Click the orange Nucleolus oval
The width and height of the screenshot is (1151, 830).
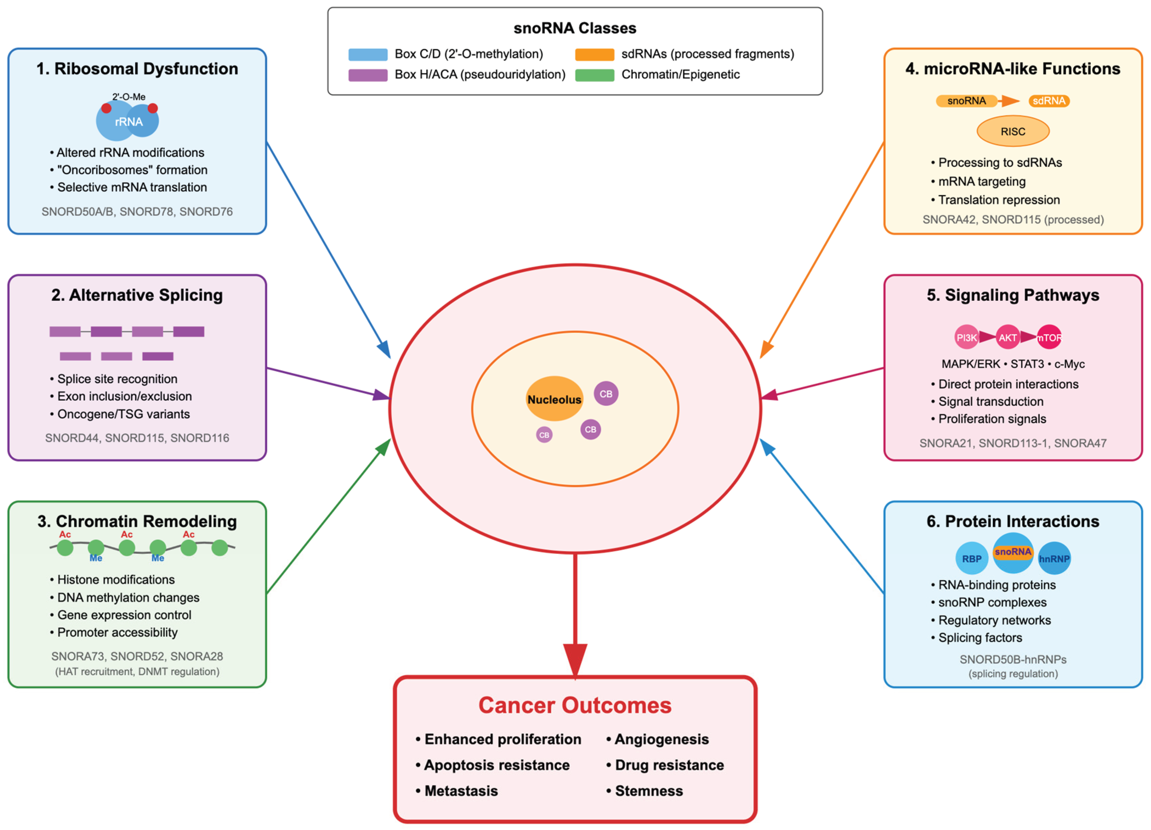click(x=554, y=399)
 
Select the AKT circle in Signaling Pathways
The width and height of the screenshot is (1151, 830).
click(x=1007, y=337)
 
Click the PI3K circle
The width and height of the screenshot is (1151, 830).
click(x=966, y=337)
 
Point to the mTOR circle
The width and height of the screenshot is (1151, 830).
click(x=1048, y=337)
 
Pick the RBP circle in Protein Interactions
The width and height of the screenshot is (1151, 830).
click(x=971, y=558)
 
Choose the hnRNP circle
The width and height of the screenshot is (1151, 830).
click(x=1054, y=558)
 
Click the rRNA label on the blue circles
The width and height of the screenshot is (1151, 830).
click(x=128, y=121)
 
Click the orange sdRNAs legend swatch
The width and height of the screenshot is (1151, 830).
click(x=594, y=54)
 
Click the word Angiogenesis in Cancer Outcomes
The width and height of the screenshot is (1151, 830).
click(x=661, y=739)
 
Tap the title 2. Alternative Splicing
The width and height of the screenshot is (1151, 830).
click(x=137, y=295)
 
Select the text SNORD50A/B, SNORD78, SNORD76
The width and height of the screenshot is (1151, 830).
click(x=137, y=212)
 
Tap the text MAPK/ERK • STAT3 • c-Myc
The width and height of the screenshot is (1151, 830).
click(x=1012, y=364)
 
